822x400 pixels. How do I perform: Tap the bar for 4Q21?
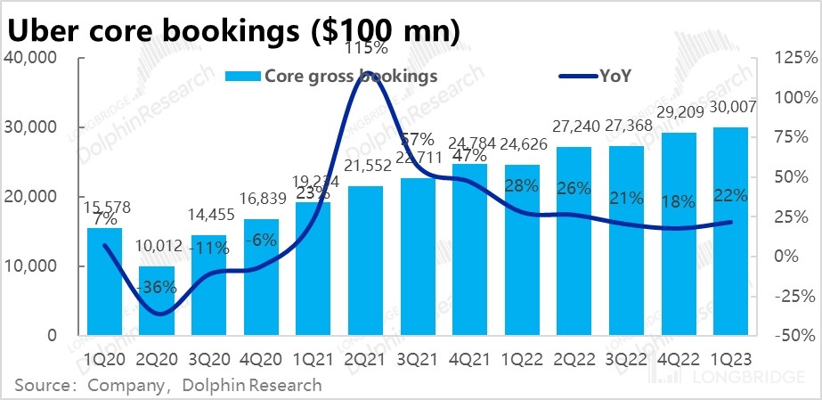point(470,249)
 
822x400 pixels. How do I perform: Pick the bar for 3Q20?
point(208,285)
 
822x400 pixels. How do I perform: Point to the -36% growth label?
point(158,289)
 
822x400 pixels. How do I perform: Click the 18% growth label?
point(680,201)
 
